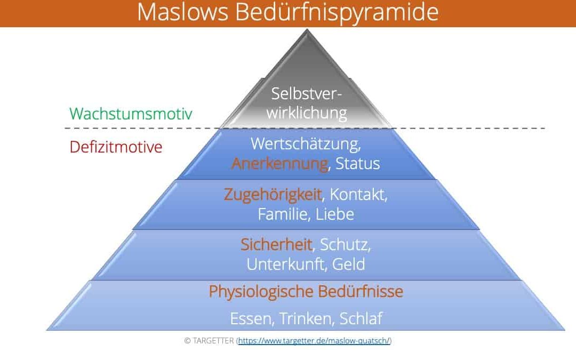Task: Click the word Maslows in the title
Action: point(183,12)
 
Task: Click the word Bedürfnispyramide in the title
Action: point(337,13)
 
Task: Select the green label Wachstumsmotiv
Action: point(131,114)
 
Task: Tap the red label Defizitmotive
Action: point(116,147)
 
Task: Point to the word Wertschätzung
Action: point(306,144)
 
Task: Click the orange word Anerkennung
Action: point(279,164)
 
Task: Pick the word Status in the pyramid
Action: point(357,164)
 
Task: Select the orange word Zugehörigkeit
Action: point(273,195)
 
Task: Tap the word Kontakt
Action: point(358,195)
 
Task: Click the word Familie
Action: point(282,214)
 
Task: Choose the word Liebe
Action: point(334,214)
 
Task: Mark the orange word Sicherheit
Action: point(276,244)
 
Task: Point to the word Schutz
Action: point(345,245)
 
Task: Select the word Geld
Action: point(348,264)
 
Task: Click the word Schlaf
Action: point(361,318)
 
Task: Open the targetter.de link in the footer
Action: point(314,341)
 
